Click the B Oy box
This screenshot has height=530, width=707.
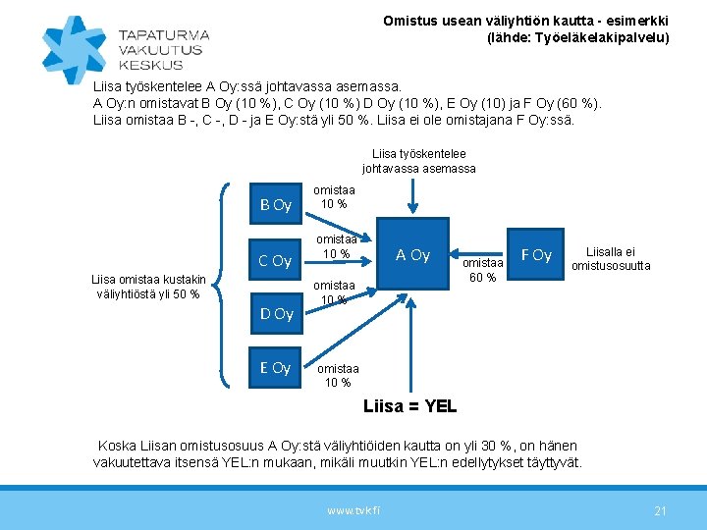tap(276, 205)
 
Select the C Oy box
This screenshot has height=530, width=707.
tap(276, 261)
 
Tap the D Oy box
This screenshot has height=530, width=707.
tap(276, 314)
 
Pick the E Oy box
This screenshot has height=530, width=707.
tap(276, 368)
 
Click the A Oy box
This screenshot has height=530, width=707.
tap(412, 255)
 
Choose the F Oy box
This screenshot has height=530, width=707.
tap(536, 255)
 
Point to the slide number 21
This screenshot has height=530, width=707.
tap(660, 510)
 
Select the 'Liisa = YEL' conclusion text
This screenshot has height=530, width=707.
tap(409, 405)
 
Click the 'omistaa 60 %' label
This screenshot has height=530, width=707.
tap(482, 269)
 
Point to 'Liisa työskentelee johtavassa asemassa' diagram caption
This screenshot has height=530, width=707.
tap(418, 161)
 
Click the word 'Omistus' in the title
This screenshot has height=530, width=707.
tap(408, 21)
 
